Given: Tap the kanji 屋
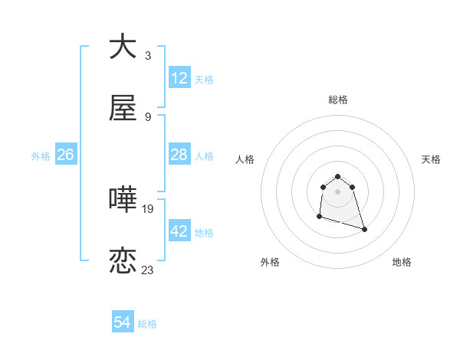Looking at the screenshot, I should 123,109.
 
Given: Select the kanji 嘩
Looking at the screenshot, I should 123,199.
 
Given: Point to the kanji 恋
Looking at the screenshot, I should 123,261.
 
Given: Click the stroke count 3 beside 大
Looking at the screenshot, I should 148,56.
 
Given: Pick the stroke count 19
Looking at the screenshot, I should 148,208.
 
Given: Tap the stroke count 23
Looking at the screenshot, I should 148,270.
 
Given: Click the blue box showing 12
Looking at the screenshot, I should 179,78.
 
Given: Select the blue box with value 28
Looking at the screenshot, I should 179,155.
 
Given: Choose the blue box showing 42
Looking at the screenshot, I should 179,231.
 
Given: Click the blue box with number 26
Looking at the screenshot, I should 65,155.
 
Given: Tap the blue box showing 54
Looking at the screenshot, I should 123,322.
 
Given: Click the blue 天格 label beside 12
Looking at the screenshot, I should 204,80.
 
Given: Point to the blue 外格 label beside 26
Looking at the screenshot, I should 41,156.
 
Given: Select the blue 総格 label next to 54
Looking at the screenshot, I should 147,324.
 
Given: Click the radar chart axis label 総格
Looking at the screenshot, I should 338,100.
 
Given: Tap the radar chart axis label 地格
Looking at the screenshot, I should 402,262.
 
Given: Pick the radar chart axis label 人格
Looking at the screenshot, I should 245,159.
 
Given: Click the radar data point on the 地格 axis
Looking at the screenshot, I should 364,229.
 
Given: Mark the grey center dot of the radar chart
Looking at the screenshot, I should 338,191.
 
